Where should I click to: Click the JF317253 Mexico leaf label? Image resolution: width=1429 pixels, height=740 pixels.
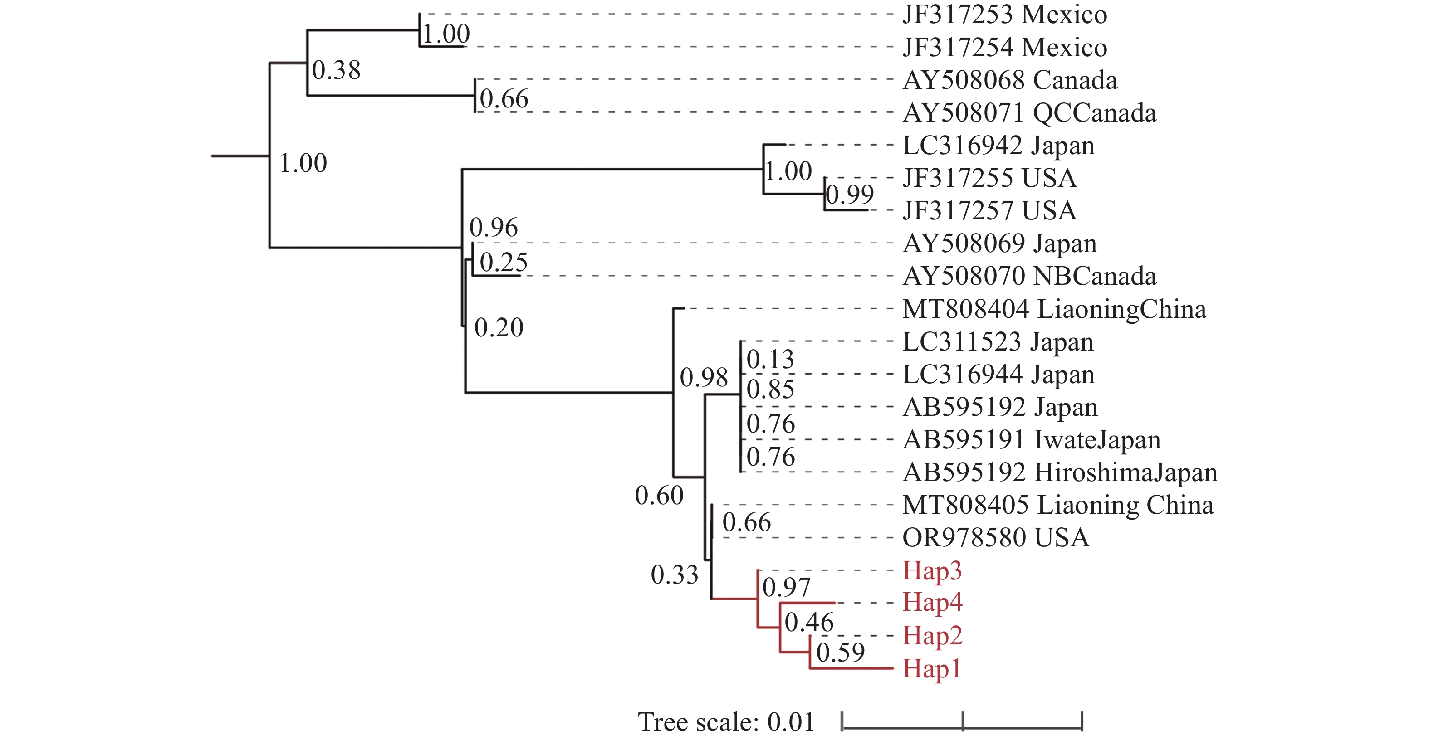[1004, 15]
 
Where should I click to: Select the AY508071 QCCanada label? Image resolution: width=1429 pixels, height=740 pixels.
[1029, 113]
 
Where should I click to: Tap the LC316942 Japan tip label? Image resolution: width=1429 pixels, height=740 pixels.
[998, 146]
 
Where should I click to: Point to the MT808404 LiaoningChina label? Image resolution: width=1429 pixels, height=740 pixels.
[1054, 309]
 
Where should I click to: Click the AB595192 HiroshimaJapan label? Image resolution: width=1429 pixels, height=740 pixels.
[1060, 473]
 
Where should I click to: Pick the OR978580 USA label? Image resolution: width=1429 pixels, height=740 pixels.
[996, 538]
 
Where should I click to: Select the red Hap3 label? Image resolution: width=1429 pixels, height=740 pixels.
[932, 571]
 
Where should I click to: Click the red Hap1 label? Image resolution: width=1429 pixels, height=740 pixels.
[931, 668]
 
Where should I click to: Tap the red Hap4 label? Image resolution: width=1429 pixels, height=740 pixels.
[932, 603]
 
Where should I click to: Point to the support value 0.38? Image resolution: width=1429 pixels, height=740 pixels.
[336, 70]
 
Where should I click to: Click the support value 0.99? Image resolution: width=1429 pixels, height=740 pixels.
[849, 194]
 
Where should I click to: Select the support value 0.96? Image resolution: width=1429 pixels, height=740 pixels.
[493, 227]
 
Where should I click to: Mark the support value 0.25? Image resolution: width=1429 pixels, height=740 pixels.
[504, 263]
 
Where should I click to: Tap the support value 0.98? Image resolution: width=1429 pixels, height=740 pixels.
[704, 378]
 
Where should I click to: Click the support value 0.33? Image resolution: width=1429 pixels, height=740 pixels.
[674, 575]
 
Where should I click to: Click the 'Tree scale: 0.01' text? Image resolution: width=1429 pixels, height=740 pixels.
[725, 722]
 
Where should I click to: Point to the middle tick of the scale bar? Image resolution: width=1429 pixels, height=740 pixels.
[963, 721]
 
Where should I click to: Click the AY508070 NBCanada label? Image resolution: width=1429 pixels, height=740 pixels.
[1029, 277]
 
